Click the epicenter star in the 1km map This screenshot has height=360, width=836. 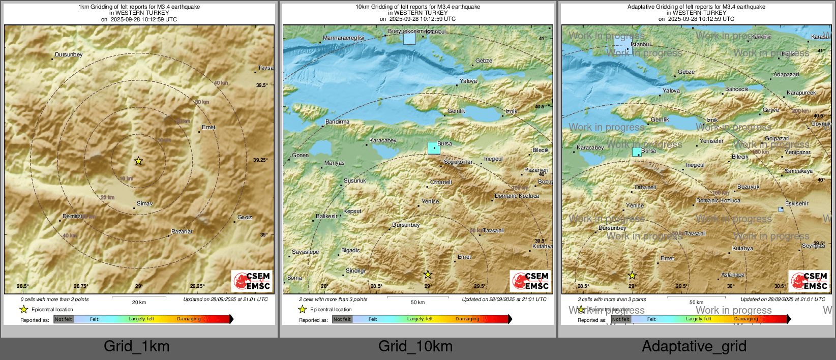tap(138, 161)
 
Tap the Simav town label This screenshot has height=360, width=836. tap(144, 203)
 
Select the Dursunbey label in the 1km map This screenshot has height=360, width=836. tap(69, 54)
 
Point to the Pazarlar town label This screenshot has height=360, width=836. tap(182, 231)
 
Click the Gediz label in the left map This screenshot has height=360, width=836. tap(245, 217)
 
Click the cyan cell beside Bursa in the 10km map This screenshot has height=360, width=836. tap(433, 148)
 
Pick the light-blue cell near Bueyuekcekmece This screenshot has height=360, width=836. tap(409, 38)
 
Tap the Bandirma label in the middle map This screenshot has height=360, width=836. tap(337, 122)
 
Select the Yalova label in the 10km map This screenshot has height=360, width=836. tap(468, 81)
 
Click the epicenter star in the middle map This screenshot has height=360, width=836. tap(428, 275)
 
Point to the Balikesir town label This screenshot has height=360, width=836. tap(326, 216)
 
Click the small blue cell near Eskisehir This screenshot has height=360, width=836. tap(781, 209)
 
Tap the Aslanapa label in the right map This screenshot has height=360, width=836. tap(733, 275)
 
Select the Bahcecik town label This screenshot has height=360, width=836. tap(736, 89)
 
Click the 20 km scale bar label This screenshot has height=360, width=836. tap(139, 302)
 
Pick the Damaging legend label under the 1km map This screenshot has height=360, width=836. tap(189, 319)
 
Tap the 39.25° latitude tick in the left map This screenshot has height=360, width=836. tap(260, 160)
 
